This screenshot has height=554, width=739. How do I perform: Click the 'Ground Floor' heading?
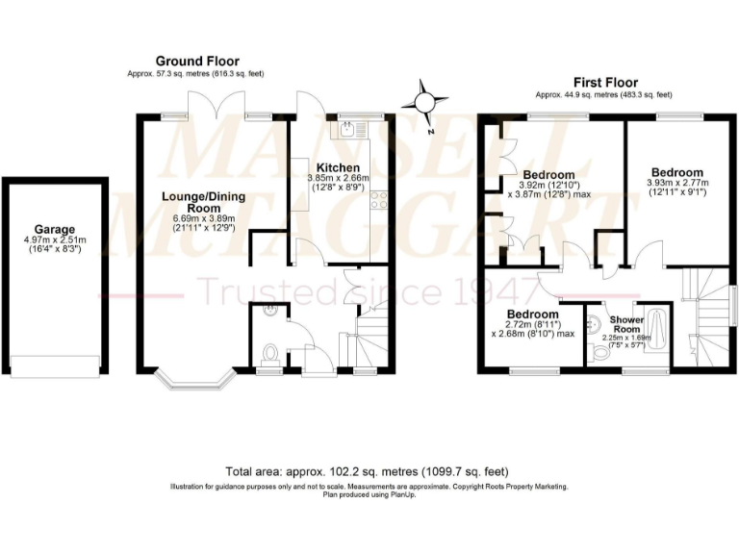tap(197, 61)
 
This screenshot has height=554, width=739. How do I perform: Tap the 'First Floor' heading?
tap(605, 83)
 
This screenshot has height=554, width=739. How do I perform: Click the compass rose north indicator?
tap(424, 101)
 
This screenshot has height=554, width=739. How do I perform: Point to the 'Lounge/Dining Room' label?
tap(203, 202)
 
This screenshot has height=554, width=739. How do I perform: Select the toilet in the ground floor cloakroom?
tap(269, 352)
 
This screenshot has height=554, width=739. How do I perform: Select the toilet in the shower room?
tap(602, 354)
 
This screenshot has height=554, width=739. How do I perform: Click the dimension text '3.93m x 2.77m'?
tap(676, 184)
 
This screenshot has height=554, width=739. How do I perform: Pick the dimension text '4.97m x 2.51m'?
tap(54, 240)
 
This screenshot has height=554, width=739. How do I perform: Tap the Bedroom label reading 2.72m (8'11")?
tap(532, 315)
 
